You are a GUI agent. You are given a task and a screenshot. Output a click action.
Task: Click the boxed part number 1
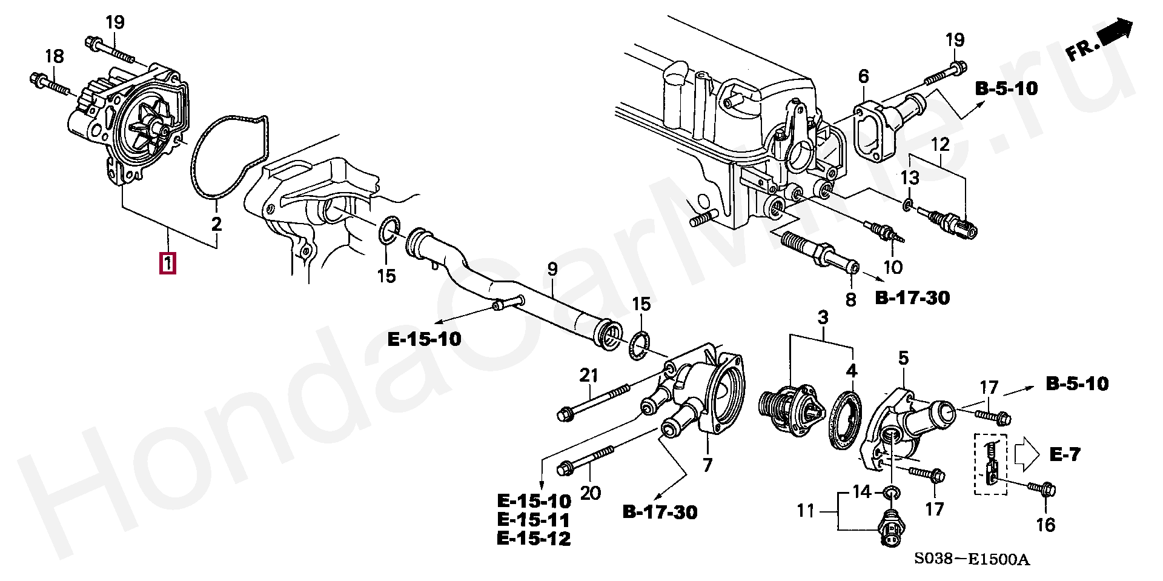pos(168,264)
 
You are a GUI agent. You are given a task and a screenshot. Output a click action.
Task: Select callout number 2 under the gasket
pos(216,224)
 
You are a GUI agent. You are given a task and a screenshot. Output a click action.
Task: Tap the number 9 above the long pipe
pos(552,269)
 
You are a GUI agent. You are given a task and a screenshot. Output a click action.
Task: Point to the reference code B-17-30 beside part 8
pos(912,298)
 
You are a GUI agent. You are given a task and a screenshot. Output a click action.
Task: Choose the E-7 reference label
pos(1064,454)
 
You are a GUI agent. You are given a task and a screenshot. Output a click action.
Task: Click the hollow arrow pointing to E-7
pos(1026,454)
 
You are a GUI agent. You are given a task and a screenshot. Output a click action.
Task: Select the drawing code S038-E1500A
pos(972,559)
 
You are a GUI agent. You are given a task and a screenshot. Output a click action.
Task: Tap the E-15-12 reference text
pos(534,538)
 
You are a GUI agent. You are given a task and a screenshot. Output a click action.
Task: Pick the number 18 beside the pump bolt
pos(54,56)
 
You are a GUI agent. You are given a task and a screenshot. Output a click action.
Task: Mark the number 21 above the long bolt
pos(589,376)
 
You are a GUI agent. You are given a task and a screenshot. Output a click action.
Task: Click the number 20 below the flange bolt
pos(590,493)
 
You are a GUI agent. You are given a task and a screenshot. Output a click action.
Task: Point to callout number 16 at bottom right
pos(1046,525)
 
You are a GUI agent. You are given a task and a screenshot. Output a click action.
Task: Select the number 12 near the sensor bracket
pos(940,145)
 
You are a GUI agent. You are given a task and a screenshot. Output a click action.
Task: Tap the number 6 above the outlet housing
pos(863,76)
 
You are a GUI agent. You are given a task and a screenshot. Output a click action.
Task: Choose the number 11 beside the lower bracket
pos(805,511)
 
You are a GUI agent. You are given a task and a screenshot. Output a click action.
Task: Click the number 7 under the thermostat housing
pos(707,465)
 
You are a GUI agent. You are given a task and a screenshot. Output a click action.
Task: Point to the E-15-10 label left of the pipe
pos(424,339)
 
